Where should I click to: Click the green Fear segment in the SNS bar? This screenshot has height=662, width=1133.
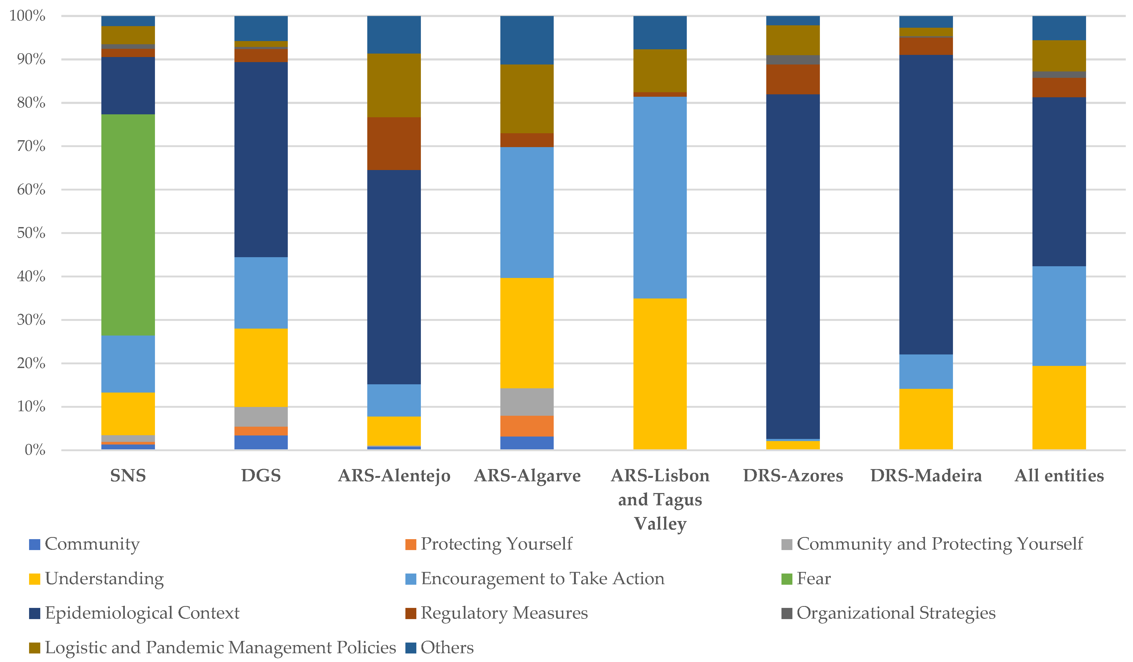[128, 225]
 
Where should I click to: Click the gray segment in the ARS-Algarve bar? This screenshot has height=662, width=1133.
[527, 402]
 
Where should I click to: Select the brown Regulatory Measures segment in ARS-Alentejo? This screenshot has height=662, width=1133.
[394, 143]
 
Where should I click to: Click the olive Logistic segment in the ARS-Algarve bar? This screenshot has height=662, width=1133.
[527, 99]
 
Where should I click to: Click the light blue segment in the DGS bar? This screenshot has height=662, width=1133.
[261, 293]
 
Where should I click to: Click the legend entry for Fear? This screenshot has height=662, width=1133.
[813, 579]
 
